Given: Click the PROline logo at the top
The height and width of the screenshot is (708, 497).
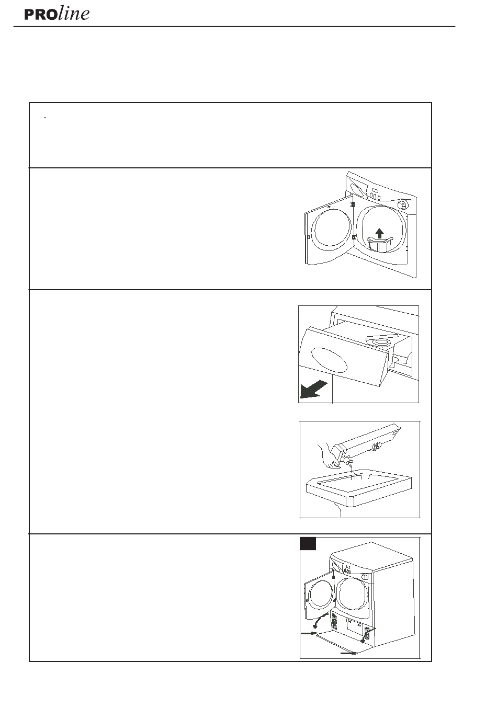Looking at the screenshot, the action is (57, 14).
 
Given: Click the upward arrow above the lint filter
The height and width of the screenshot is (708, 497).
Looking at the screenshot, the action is (379, 233).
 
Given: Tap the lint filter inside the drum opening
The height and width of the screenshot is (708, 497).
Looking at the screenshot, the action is (380, 245).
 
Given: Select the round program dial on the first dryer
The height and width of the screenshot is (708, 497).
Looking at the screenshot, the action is (402, 204).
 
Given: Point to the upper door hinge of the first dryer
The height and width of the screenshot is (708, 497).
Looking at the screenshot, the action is (353, 204).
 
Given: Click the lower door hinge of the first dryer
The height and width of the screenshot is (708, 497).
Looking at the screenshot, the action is (354, 237).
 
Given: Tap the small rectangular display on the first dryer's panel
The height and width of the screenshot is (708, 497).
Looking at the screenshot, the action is (375, 190).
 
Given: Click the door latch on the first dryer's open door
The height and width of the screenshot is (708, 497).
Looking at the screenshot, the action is (308, 237).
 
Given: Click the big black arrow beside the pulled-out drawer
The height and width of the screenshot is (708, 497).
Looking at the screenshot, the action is (313, 389).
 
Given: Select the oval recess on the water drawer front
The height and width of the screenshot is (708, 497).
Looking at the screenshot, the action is (329, 360).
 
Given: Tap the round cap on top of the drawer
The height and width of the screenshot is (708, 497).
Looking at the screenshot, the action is (378, 341).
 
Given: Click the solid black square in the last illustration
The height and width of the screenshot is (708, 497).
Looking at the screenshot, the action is (308, 544).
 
